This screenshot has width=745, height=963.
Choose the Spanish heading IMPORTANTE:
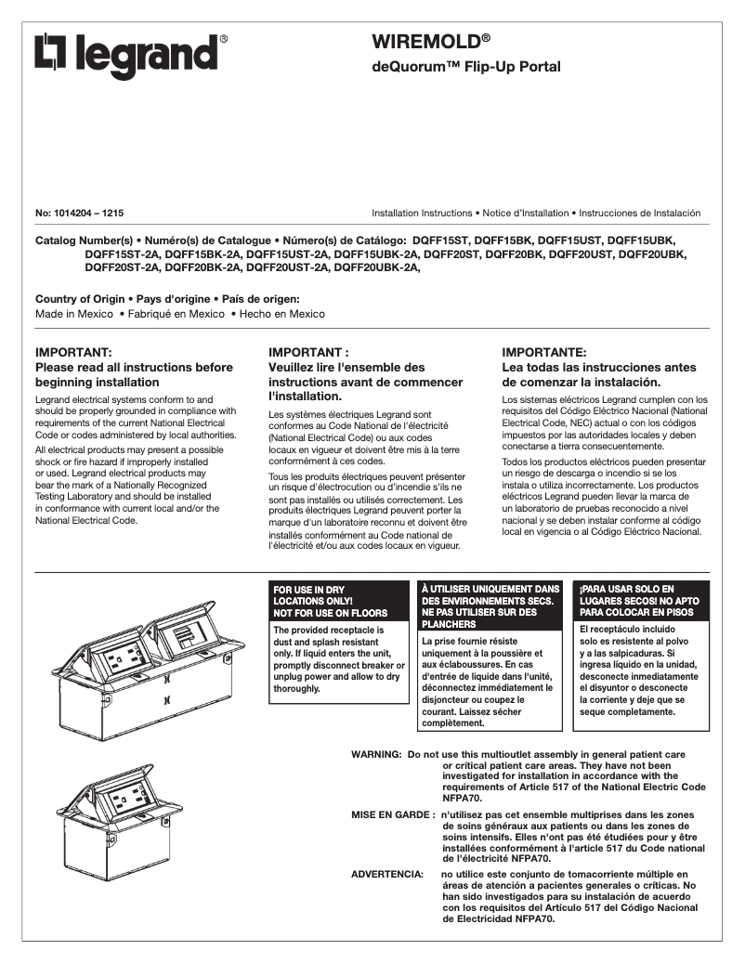click(544, 353)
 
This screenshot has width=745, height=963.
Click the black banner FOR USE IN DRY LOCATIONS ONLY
click(338, 601)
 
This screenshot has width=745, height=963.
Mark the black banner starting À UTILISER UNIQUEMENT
click(490, 605)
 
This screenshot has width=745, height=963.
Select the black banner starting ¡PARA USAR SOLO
click(641, 601)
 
